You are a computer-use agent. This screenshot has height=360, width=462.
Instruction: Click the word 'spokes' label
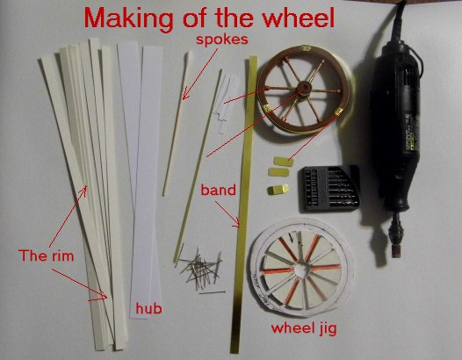click(x=222, y=40)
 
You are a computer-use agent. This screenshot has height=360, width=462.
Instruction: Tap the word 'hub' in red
click(x=148, y=308)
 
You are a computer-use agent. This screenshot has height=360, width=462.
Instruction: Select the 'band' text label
click(x=219, y=190)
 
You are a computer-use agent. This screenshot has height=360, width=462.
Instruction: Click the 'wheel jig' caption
click(x=304, y=328)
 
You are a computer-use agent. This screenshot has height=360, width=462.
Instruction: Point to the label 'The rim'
click(x=47, y=256)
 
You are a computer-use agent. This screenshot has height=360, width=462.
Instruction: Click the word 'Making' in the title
click(x=129, y=18)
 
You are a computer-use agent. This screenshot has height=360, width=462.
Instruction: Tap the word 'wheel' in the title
click(x=299, y=17)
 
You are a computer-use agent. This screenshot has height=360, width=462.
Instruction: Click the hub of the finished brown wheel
click(x=304, y=87)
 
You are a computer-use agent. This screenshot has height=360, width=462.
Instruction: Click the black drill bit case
click(x=330, y=189)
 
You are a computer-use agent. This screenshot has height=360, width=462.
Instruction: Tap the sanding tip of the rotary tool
click(x=396, y=252)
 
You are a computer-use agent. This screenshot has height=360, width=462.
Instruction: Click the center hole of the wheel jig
click(x=300, y=269)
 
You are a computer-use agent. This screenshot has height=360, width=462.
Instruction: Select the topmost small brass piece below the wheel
click(x=284, y=162)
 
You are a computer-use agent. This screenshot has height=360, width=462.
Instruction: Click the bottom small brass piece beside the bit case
click(x=278, y=190)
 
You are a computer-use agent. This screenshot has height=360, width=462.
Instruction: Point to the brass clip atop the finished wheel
click(x=306, y=47)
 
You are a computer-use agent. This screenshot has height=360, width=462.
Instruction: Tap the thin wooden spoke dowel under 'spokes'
click(x=177, y=124)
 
